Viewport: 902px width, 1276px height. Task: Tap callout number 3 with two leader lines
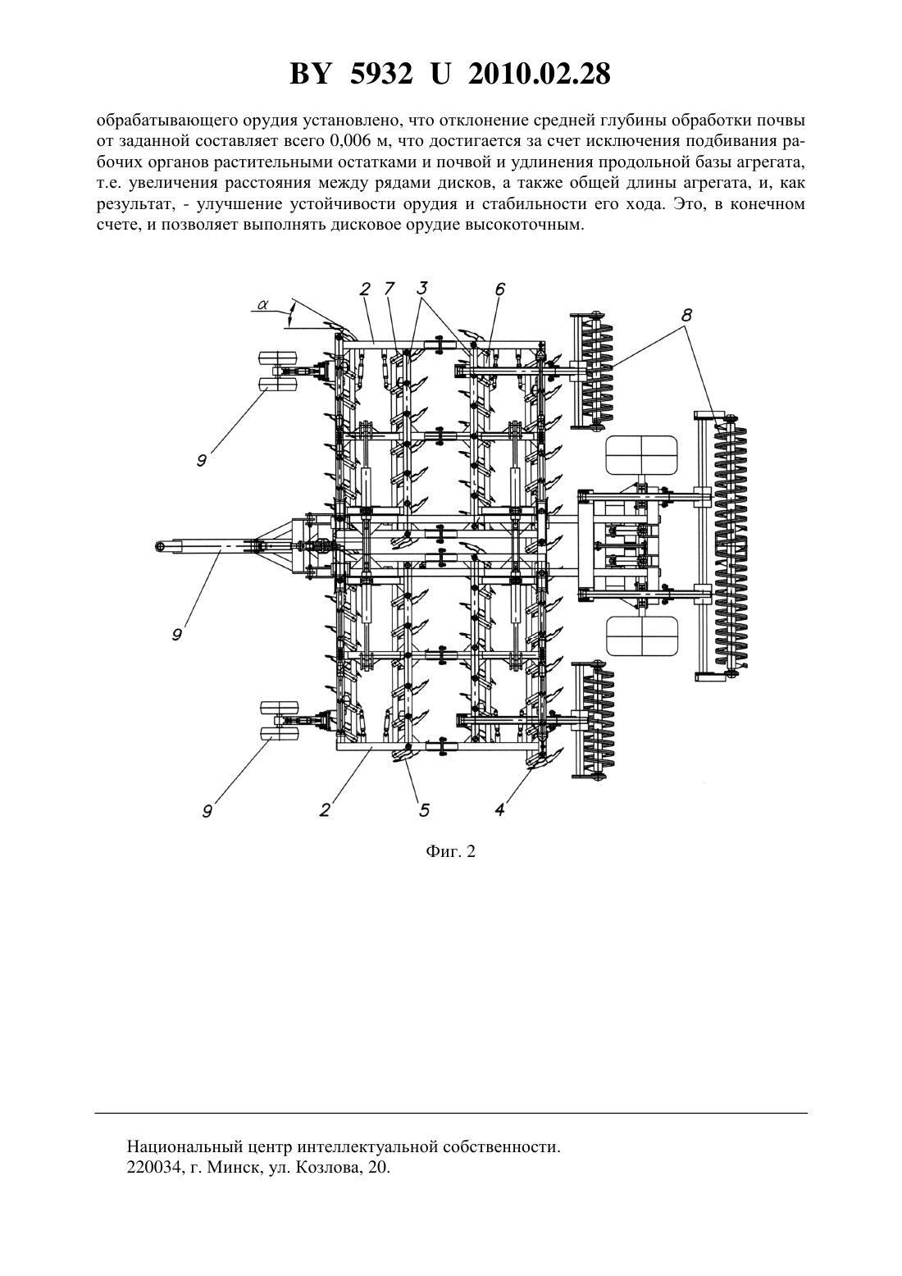coord(422,288)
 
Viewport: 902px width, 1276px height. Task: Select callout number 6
coord(499,289)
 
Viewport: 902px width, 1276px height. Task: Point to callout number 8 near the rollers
coord(687,315)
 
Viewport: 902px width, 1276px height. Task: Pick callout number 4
coord(500,809)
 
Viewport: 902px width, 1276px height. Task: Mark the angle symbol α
coord(262,304)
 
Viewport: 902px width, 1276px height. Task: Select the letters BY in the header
coord(310,74)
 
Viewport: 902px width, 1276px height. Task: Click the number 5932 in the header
coord(381,74)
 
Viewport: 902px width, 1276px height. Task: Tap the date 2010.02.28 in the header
coord(540,74)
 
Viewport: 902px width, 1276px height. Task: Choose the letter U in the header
coord(440,74)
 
